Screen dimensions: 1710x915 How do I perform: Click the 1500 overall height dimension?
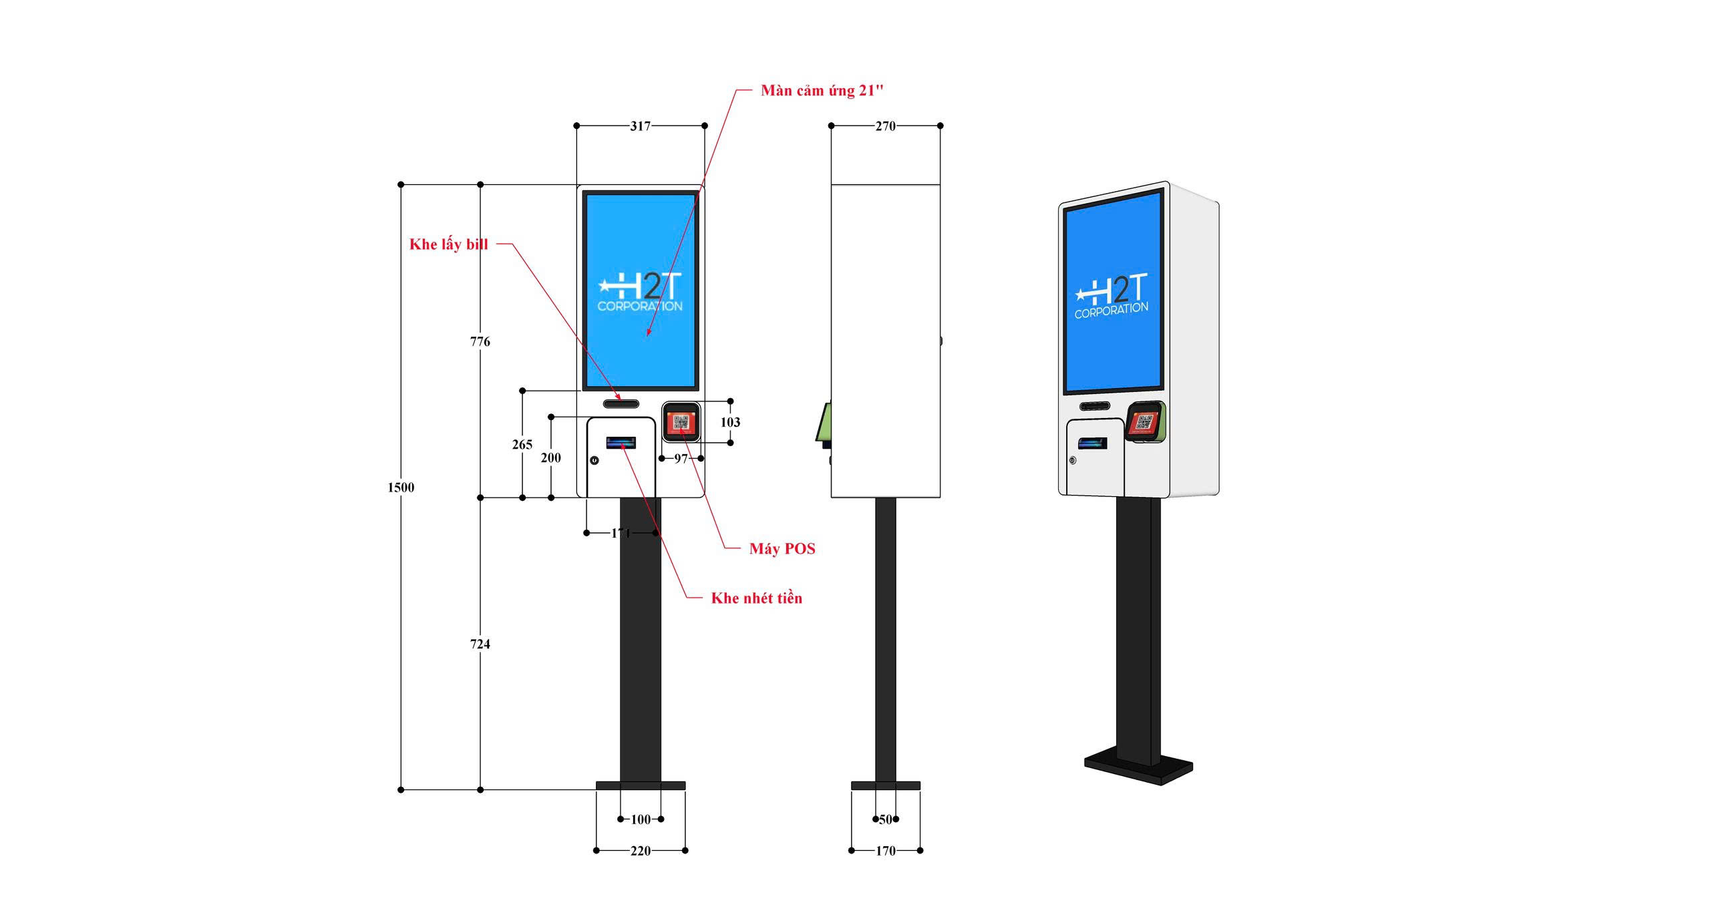point(401,488)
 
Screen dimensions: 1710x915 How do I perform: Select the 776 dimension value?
point(480,342)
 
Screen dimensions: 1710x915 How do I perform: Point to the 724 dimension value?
point(480,644)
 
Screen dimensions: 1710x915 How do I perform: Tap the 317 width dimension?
point(640,126)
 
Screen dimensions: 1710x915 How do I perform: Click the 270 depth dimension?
point(885,126)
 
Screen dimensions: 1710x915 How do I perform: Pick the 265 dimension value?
point(522,445)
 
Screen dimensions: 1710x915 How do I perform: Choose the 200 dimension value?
point(551,458)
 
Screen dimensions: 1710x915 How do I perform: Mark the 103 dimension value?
point(730,422)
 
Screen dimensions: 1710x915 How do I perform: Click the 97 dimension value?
point(681,459)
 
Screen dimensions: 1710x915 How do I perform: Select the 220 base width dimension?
point(641,851)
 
